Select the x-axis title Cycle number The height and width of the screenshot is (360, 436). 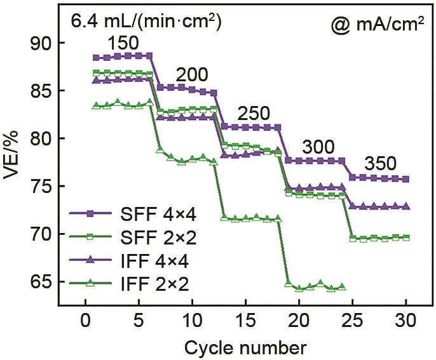coord(246,348)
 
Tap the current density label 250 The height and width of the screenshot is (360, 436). coord(254,114)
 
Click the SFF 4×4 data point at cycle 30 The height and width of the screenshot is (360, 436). coord(405,179)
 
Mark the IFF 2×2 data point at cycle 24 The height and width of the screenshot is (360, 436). coord(342,287)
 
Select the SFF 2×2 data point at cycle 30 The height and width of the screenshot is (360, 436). coord(405,237)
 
